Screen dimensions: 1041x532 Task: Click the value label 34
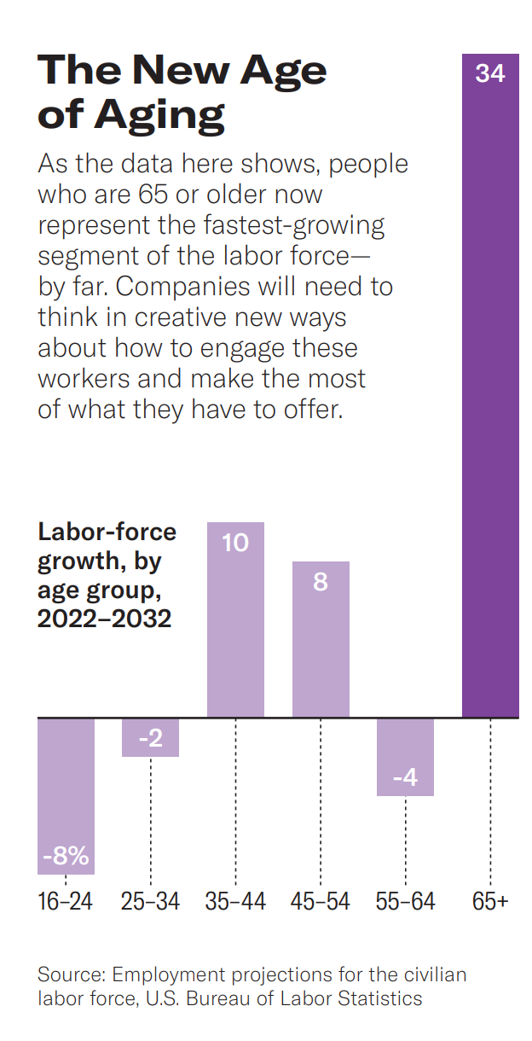click(490, 74)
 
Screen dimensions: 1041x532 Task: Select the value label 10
click(235, 542)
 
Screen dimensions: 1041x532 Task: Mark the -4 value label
click(406, 779)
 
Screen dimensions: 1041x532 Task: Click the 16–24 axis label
click(66, 901)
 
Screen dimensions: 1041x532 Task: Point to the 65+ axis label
click(490, 901)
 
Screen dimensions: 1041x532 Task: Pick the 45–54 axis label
click(321, 901)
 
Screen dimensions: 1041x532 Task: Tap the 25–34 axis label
click(150, 901)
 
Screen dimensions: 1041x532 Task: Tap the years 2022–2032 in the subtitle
click(104, 619)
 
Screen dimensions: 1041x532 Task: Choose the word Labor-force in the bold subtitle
click(107, 532)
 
